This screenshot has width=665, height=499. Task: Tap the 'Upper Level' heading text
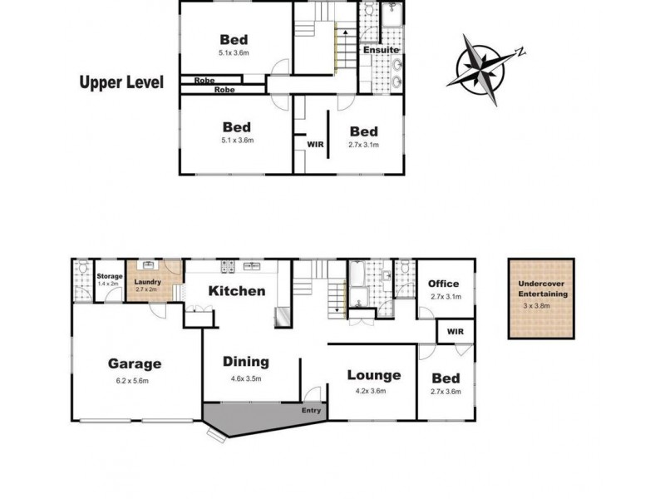(121, 82)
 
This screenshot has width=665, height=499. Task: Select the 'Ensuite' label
(382, 51)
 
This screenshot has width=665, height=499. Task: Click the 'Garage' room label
(134, 363)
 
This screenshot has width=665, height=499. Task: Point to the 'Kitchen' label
(237, 291)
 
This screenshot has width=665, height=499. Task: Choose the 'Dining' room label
(245, 362)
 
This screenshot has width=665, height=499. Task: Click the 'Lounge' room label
(373, 375)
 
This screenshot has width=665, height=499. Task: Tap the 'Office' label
(443, 284)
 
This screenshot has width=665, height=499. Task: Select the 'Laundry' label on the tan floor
(148, 280)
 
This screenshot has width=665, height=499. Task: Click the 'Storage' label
(110, 276)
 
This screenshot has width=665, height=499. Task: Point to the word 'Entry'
(311, 409)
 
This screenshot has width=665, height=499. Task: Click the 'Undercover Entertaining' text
(542, 289)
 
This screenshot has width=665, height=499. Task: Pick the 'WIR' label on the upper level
(315, 144)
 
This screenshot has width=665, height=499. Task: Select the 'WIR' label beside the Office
(455, 332)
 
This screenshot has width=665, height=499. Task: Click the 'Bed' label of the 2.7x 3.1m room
(363, 131)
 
